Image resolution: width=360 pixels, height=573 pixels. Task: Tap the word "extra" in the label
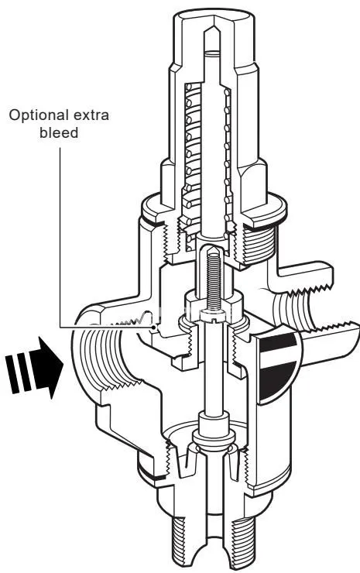[91, 115]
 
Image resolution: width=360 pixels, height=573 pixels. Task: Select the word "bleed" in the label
[59, 132]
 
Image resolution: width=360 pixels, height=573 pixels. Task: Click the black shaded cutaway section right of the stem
[277, 365]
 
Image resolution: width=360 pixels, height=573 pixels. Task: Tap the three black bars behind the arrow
[20, 372]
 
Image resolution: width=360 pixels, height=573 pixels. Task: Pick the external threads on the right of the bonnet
[259, 244]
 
